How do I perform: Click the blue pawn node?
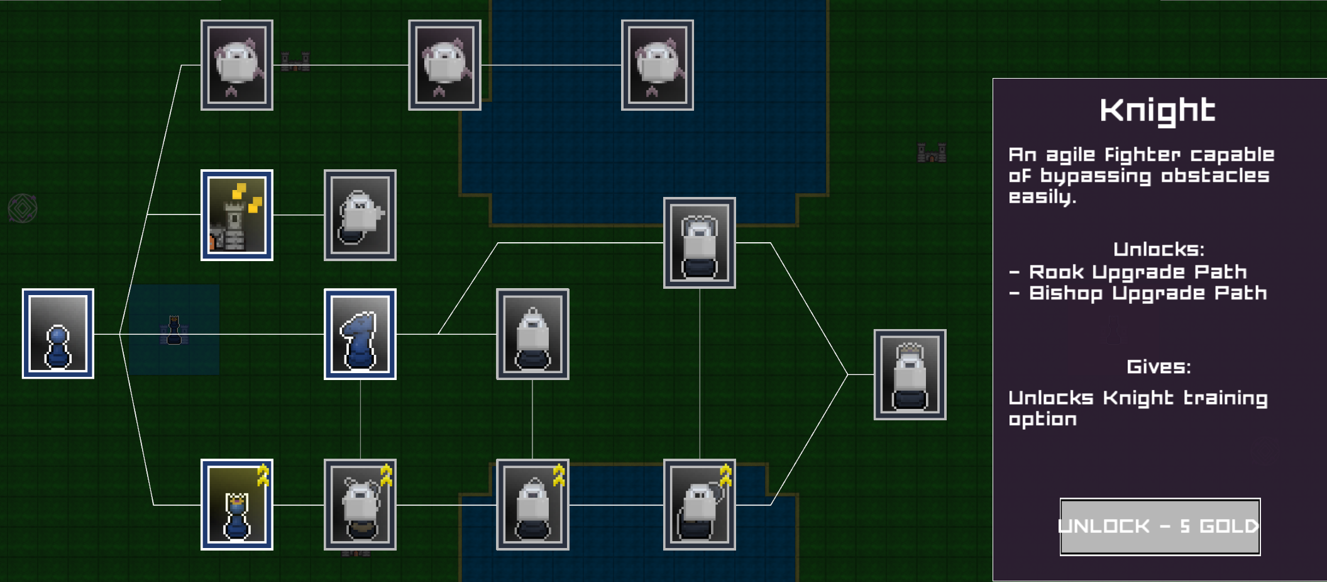[58, 333]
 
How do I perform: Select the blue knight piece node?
[360, 334]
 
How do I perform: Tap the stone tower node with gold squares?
[236, 215]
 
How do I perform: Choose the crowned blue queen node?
[236, 505]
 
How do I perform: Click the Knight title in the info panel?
[1157, 111]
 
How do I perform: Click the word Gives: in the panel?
[1159, 366]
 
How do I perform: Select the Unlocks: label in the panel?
[1159, 249]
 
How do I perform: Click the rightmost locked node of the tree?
[910, 374]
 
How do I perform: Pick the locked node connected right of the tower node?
[360, 215]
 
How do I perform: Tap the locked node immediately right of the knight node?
[532, 334]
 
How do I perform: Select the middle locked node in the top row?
[444, 65]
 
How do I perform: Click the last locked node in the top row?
[657, 65]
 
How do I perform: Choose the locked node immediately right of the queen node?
[360, 505]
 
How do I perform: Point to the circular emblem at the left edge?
[23, 208]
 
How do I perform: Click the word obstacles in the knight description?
[1215, 176]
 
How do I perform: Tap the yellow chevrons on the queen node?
[263, 475]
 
